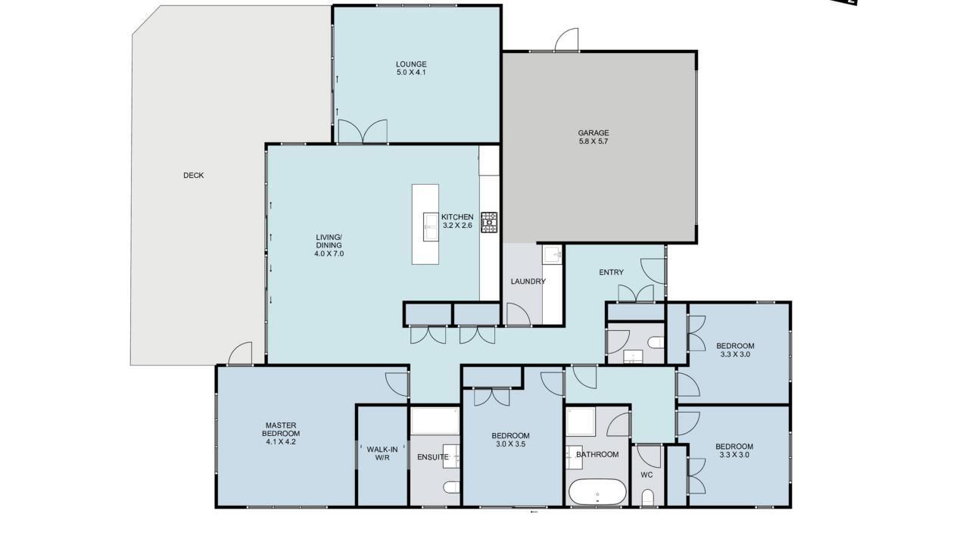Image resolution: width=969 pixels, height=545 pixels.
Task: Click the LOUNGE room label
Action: (x=411, y=64)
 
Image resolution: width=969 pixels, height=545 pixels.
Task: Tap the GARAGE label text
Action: (x=593, y=132)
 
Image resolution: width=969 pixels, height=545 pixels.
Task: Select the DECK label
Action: (x=193, y=175)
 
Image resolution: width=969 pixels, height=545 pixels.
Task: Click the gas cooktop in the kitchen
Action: (x=489, y=223)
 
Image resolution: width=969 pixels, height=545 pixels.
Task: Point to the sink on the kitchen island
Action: (x=431, y=226)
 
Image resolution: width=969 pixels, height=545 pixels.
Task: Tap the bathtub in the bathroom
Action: (x=597, y=492)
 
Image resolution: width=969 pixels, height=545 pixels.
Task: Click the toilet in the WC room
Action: (x=647, y=497)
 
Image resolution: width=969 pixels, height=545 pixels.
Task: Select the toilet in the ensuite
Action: (x=452, y=487)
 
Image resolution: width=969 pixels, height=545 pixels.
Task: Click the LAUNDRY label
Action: (x=528, y=282)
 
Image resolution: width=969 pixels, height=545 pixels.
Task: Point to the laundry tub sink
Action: (x=553, y=254)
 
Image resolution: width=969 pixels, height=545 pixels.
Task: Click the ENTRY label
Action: (x=611, y=272)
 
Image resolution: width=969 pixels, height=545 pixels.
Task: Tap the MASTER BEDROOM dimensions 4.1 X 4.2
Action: (x=281, y=441)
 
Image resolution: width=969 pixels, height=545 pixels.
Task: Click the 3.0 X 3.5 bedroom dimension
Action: (x=511, y=444)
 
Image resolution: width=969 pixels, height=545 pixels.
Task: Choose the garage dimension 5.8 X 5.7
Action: (x=593, y=141)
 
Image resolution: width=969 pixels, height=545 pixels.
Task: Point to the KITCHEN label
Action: (x=457, y=216)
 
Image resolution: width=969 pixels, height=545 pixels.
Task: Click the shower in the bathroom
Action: (x=581, y=422)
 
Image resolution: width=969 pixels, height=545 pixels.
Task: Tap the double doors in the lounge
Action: (x=363, y=131)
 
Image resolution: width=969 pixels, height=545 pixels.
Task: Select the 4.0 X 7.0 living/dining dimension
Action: (x=329, y=254)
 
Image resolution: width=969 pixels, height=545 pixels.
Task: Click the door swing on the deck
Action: (x=240, y=353)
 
